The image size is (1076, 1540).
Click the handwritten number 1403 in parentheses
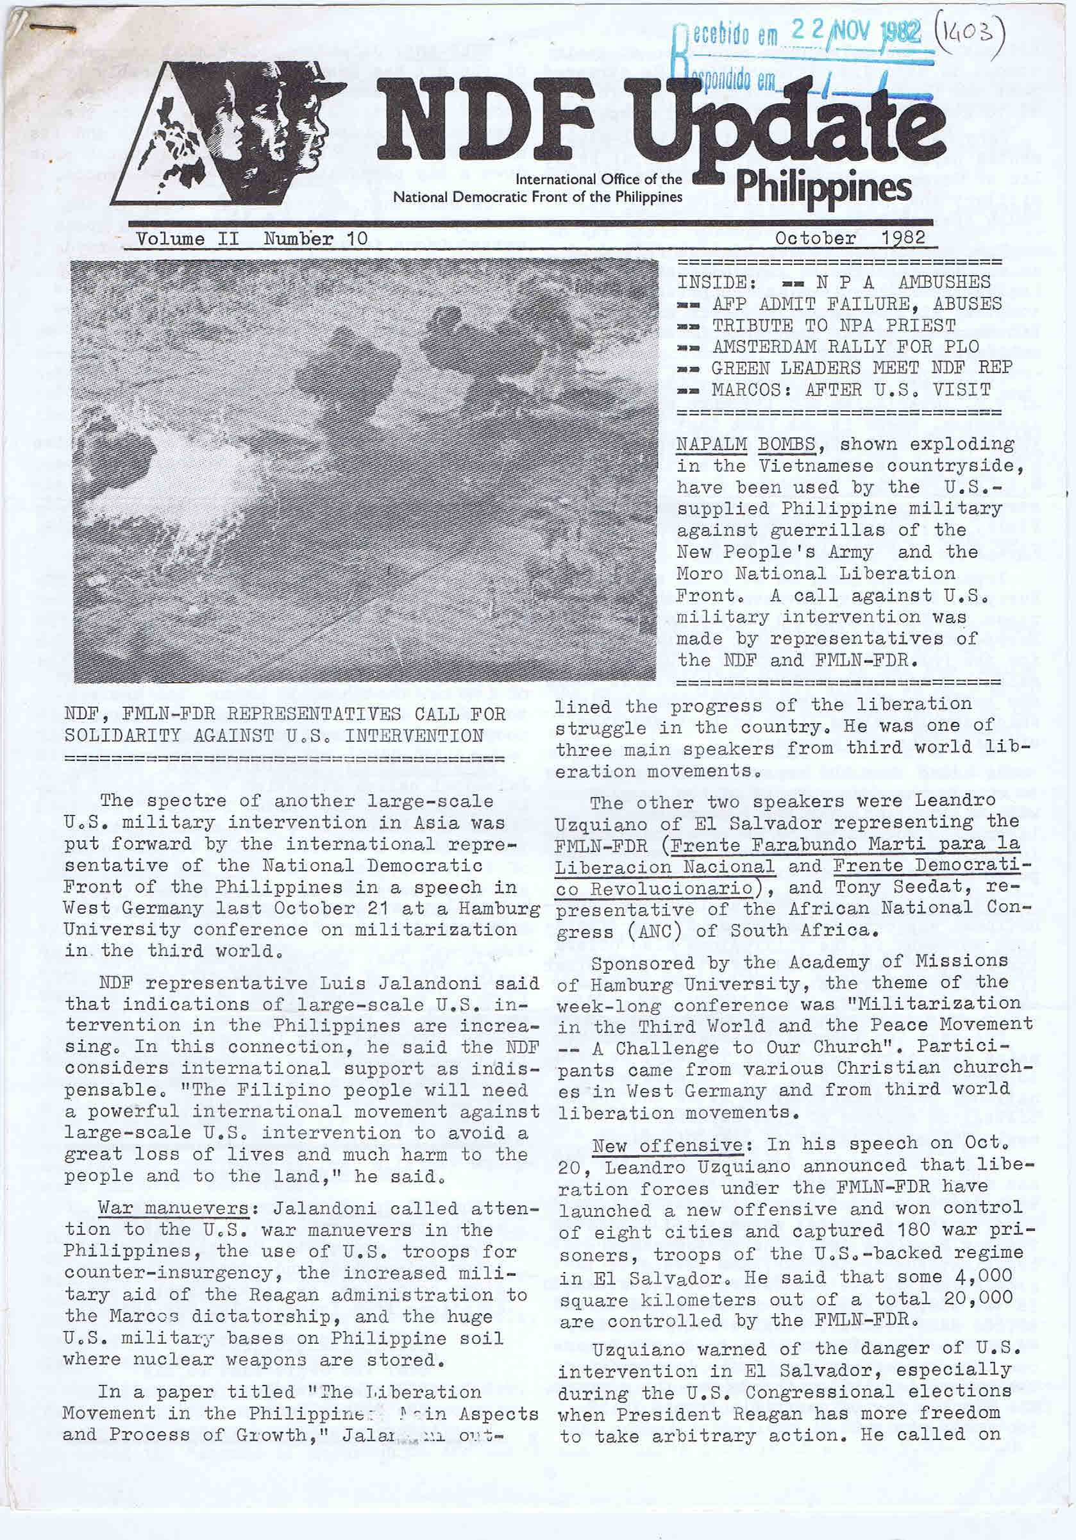[975, 31]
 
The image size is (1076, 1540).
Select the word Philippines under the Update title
[823, 187]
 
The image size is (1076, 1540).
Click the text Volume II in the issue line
[187, 239]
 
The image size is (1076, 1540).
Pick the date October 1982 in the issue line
[850, 238]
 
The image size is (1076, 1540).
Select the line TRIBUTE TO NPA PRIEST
[834, 325]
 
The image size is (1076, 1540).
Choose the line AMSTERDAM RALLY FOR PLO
[845, 347]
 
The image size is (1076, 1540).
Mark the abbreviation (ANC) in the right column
[668, 931]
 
